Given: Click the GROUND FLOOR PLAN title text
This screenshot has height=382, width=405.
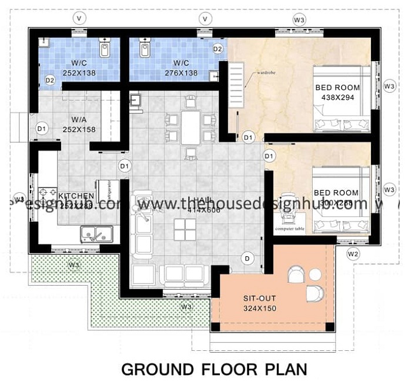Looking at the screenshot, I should tap(214, 368).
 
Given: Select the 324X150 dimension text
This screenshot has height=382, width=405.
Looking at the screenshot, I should tap(259, 308).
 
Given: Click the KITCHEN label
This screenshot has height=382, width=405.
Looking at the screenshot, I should tap(76, 195).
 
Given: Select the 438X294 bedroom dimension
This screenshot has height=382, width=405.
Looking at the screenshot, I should tap(337, 98).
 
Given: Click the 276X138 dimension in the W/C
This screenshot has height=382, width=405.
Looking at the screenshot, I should tap(180, 72).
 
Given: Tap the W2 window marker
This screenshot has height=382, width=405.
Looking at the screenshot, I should tap(353, 254).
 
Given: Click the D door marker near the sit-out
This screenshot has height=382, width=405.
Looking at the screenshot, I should tap(248, 257).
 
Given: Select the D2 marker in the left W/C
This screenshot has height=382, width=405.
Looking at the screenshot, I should tap(50, 80).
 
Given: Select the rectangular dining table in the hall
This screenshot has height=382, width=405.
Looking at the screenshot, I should tap(190, 128).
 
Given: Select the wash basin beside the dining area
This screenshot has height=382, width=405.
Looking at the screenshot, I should tap(136, 100).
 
